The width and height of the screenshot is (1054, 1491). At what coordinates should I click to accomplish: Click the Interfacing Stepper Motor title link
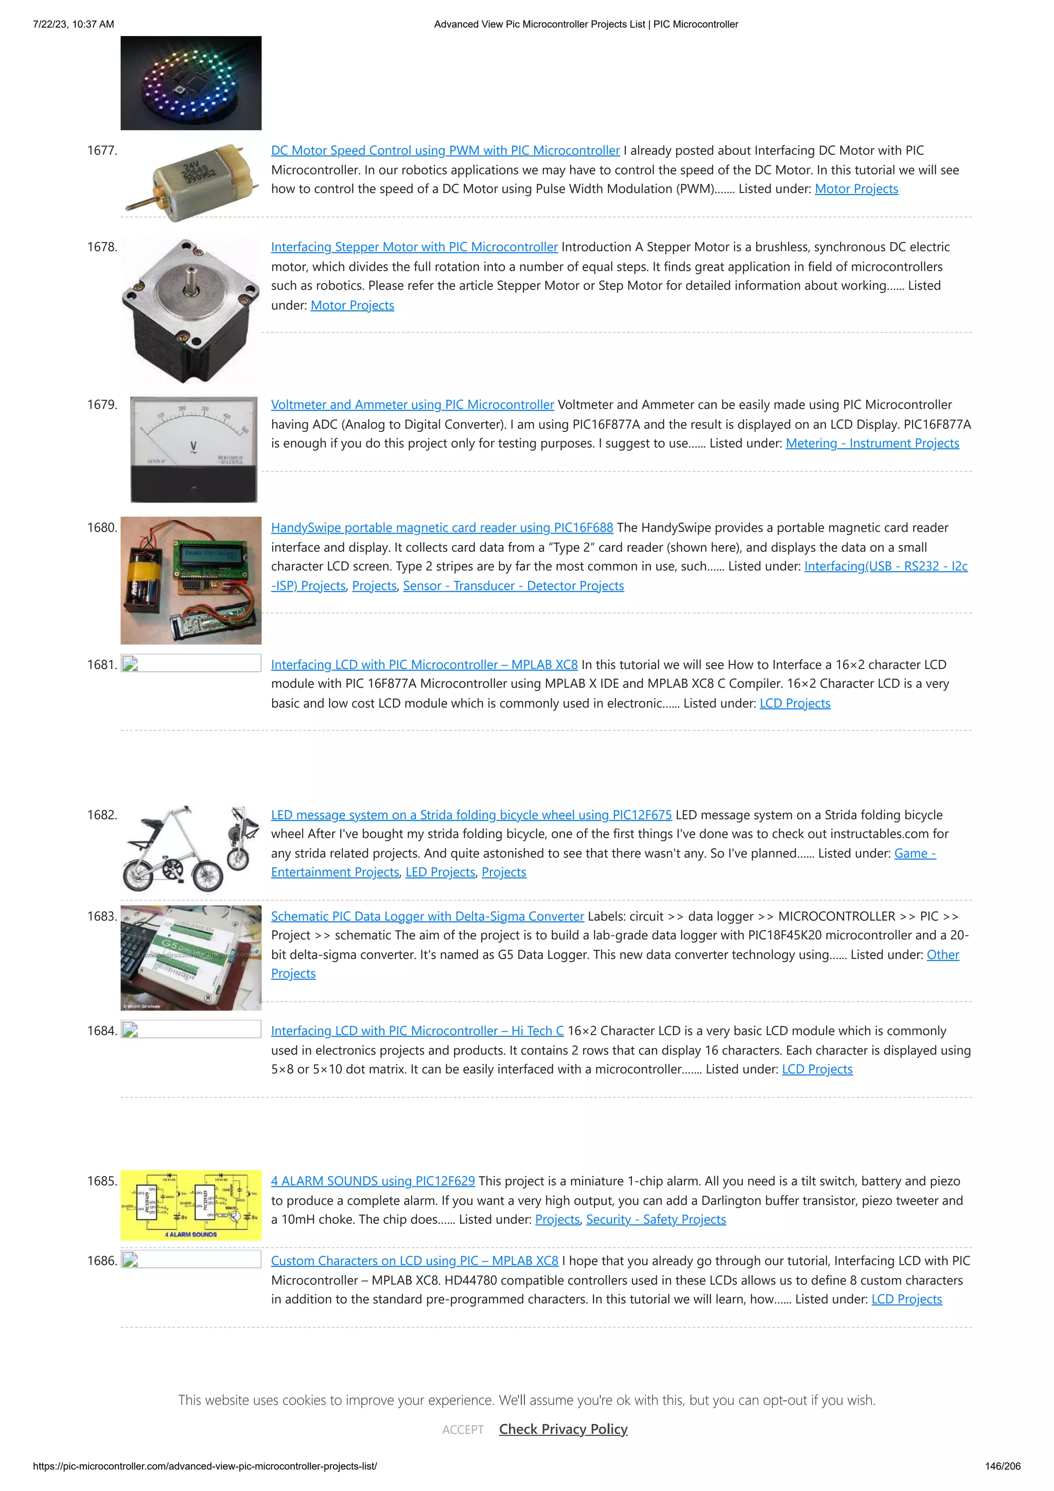coord(414,247)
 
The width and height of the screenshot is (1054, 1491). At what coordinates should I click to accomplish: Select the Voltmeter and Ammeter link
coord(412,405)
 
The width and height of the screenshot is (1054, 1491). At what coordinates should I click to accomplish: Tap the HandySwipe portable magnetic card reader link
coord(442,528)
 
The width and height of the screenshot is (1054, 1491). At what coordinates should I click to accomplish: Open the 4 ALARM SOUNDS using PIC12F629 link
coord(372,1181)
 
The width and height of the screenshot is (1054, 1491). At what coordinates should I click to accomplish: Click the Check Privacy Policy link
coord(563,1429)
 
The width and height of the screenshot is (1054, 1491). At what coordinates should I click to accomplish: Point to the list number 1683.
coord(102,916)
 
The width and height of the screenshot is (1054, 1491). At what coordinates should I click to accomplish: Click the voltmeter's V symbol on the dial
coord(193,447)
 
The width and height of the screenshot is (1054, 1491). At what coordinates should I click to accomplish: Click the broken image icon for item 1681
coord(130,664)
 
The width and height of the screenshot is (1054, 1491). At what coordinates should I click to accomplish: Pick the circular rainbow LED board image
coord(190,83)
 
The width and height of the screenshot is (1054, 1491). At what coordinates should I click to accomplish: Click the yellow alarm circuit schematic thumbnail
coord(190,1205)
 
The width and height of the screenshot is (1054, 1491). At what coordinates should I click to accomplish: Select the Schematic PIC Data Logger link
coord(427,916)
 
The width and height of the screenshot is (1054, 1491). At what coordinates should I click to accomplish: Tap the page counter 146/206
coord(1002,1466)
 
